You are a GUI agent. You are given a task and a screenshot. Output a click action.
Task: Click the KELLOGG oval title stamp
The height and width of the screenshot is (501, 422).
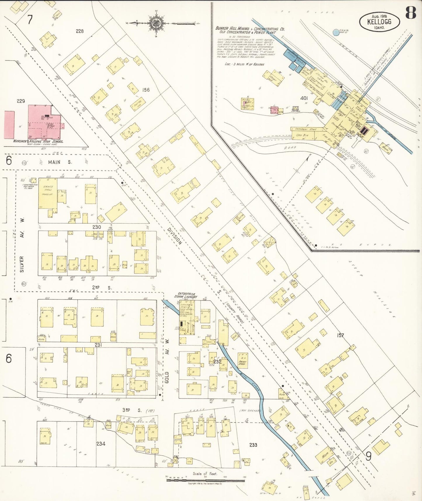coord(379,21)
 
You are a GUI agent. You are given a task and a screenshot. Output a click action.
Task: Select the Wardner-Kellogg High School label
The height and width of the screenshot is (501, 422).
coord(38,141)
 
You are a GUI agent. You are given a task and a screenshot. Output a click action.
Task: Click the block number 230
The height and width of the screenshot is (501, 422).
coord(96,227)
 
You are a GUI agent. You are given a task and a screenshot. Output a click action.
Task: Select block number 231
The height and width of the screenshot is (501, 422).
coord(98,345)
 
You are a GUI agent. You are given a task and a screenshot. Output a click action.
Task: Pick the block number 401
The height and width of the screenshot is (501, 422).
coord(304,98)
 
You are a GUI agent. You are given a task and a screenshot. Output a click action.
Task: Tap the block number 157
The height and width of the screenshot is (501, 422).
coord(340,335)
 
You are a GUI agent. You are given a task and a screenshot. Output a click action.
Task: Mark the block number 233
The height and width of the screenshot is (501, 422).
coord(253,445)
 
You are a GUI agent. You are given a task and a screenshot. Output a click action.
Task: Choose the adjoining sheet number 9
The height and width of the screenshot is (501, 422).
coord(369,456)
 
